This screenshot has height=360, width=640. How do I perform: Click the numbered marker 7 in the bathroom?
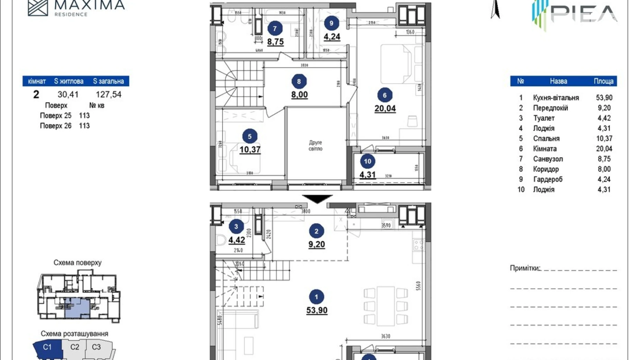[x=275, y=29]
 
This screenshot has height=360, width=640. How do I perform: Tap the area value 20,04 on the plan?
[x=385, y=108]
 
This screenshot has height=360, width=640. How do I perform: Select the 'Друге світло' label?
[x=315, y=145]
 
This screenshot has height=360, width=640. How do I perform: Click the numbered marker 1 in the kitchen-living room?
[x=316, y=297]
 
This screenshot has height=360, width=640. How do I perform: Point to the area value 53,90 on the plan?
[x=317, y=310]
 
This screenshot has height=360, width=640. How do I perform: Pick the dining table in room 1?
[x=385, y=306]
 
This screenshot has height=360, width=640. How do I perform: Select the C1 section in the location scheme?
[x=47, y=347]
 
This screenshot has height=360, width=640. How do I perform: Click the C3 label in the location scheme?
[x=96, y=347]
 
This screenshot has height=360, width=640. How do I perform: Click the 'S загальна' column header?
[x=108, y=81]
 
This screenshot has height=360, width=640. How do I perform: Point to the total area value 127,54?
[x=108, y=94]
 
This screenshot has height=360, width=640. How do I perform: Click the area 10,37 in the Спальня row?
[x=604, y=138]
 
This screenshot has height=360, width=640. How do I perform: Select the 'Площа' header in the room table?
[x=603, y=81]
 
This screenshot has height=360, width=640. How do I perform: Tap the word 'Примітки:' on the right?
[x=525, y=268]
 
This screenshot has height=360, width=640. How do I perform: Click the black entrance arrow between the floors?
[x=317, y=198]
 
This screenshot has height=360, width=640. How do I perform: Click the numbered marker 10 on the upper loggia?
[x=367, y=161]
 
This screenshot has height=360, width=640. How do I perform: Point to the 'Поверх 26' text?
[x=56, y=126]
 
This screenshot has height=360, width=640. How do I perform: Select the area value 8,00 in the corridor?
[x=299, y=94]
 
